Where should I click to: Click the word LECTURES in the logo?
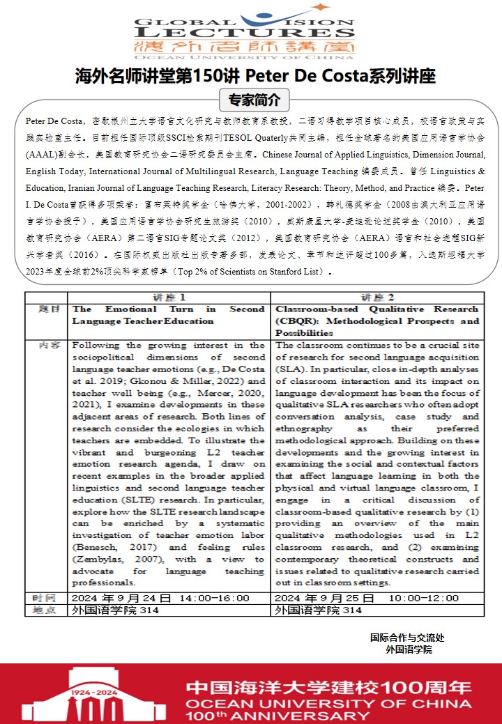[x=245, y=31]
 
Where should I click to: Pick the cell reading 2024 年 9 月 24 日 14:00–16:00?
[x=160, y=598]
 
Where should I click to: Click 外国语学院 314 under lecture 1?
[x=116, y=610]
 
